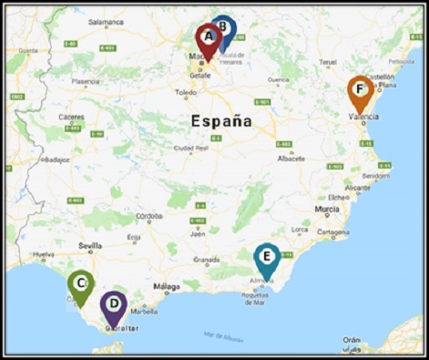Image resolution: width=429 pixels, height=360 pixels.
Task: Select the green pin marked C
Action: coord(81,284)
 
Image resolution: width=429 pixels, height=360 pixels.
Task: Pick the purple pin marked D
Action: coord(113,304)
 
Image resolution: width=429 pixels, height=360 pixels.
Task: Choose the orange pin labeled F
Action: coord(361,90)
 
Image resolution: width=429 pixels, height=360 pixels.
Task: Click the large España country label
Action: coord(221,120)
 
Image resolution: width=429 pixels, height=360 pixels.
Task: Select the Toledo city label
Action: coord(186,92)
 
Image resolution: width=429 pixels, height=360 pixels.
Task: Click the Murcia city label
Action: coord(326,209)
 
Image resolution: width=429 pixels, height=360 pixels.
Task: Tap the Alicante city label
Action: coord(358,188)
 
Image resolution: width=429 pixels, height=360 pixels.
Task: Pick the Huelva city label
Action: coord(43,254)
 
